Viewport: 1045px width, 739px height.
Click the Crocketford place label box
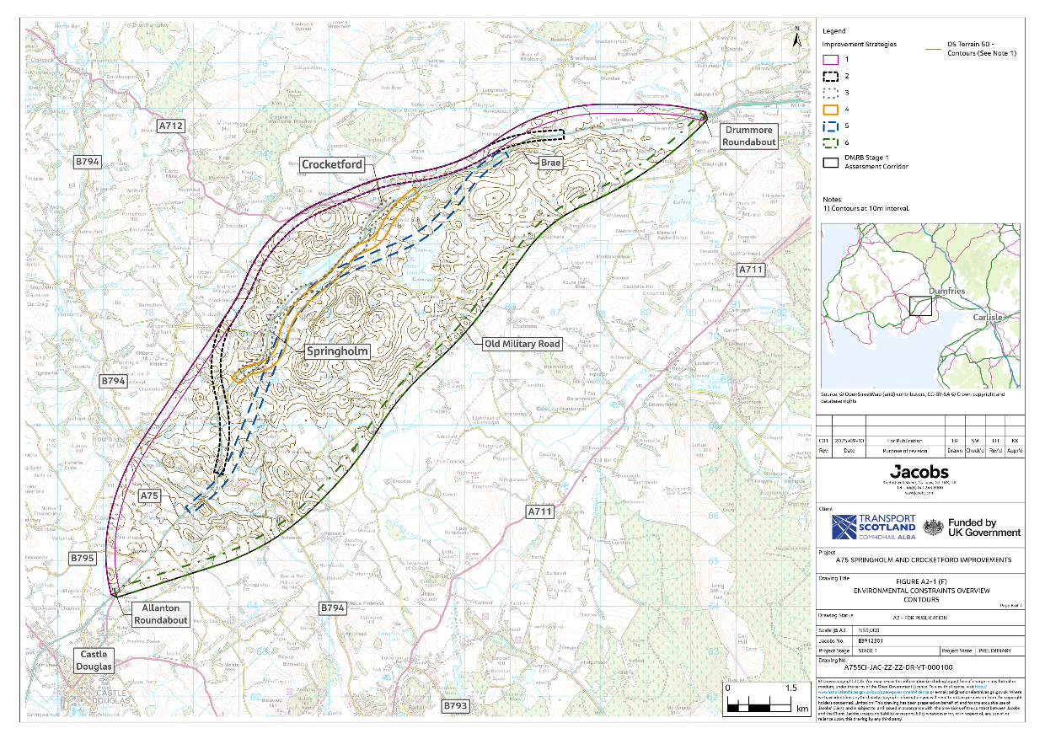(x=333, y=165)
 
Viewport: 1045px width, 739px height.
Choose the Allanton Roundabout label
(x=160, y=613)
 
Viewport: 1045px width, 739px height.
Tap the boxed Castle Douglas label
(x=94, y=661)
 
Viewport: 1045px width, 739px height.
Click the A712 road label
(x=171, y=126)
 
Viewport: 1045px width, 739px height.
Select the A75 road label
(x=149, y=495)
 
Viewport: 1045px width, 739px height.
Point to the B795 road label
(x=83, y=558)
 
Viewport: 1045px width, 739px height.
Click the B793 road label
(x=454, y=704)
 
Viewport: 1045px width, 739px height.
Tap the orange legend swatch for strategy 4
(x=830, y=110)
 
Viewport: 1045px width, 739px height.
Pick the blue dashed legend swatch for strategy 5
(x=830, y=127)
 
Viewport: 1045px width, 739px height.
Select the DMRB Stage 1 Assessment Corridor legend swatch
(x=830, y=163)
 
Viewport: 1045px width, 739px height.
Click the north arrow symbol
(x=796, y=37)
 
